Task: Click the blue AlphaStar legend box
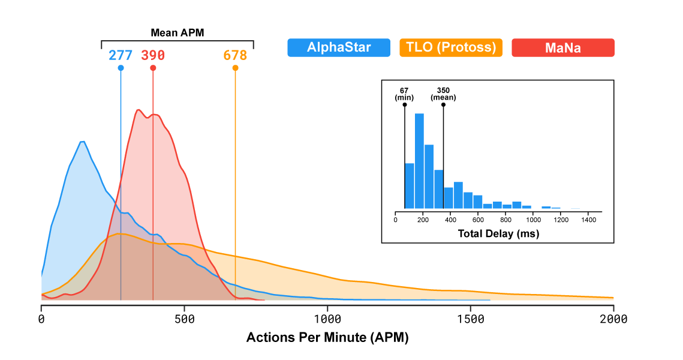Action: [339, 48]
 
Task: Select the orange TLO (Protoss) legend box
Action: [451, 48]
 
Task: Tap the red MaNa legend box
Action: [562, 48]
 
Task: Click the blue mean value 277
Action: [121, 55]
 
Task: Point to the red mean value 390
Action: [153, 55]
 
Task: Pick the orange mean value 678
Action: [235, 55]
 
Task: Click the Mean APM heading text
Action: [177, 33]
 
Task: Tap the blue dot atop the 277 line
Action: [121, 68]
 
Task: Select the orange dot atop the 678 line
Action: [235, 68]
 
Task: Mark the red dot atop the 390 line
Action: [153, 68]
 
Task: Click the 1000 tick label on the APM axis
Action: [327, 319]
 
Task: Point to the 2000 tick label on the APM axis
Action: [613, 319]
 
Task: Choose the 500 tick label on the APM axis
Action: [184, 319]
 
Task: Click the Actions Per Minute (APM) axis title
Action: [327, 338]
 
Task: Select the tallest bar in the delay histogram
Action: [419, 161]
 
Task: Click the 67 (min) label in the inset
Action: [404, 94]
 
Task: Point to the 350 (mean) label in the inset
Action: [443, 94]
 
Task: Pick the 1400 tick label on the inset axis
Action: [588, 220]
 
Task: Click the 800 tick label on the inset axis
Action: [506, 220]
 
